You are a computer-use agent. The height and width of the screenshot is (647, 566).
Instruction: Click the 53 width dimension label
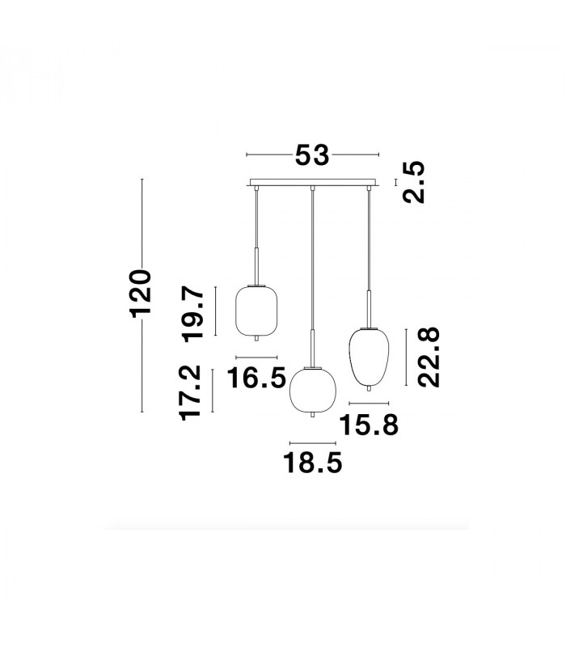tap(312, 154)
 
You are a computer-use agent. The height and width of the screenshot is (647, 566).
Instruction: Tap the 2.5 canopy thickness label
tap(414, 182)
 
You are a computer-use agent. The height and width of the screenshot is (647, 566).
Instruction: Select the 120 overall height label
tap(141, 294)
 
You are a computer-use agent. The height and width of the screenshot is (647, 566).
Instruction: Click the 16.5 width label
tap(256, 377)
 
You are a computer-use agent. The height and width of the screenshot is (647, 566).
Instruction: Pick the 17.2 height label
tap(190, 393)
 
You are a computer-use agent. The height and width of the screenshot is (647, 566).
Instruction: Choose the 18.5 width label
tap(313, 463)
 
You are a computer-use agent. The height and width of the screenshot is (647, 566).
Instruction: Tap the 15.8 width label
tap(369, 425)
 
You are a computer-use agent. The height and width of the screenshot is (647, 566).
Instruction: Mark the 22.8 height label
tap(429, 357)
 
